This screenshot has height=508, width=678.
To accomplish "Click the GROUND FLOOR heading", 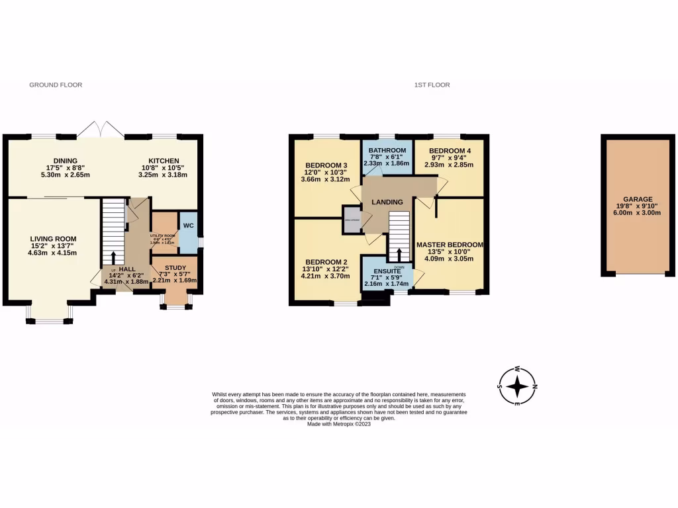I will (x=56, y=85).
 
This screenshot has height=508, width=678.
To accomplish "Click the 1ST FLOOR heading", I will (x=432, y=85).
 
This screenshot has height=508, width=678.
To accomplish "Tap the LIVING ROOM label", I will (x=53, y=239).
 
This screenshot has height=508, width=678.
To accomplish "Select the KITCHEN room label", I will (x=163, y=161).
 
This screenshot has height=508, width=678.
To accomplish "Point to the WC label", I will (x=188, y=226).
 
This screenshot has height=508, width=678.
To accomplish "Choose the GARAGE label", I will (x=638, y=199).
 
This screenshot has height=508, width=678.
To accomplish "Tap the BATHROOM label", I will (x=387, y=151).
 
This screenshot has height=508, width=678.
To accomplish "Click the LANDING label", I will (x=387, y=202).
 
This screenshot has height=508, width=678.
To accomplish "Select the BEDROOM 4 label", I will (x=450, y=151).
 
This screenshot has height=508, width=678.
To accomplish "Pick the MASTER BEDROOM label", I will (x=450, y=245).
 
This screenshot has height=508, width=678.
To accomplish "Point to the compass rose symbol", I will (x=518, y=386).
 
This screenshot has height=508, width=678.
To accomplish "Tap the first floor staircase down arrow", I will (x=399, y=255).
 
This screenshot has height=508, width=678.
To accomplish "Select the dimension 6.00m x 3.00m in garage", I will (x=638, y=212).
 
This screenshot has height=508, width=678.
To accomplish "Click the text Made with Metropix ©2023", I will (x=339, y=424).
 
